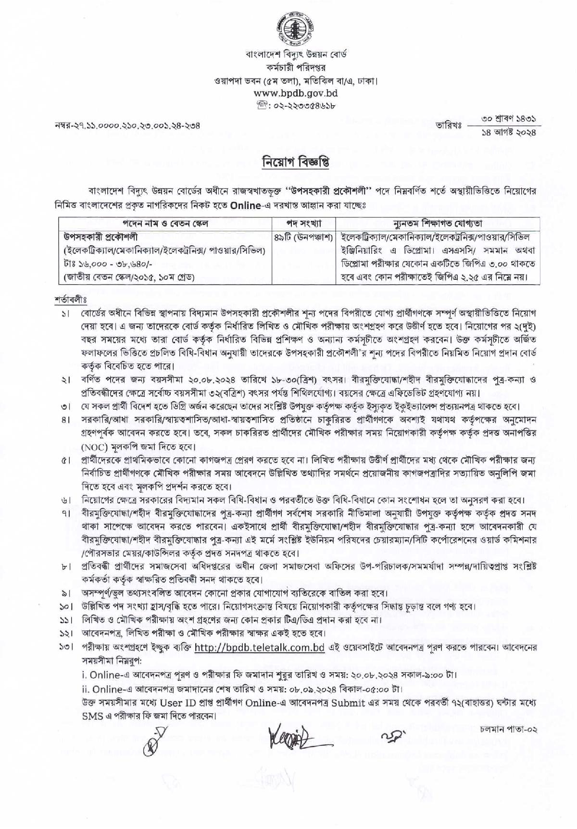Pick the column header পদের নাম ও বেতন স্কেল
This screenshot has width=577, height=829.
tap(165, 224)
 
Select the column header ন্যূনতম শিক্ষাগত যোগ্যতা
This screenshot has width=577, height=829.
tap(438, 224)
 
